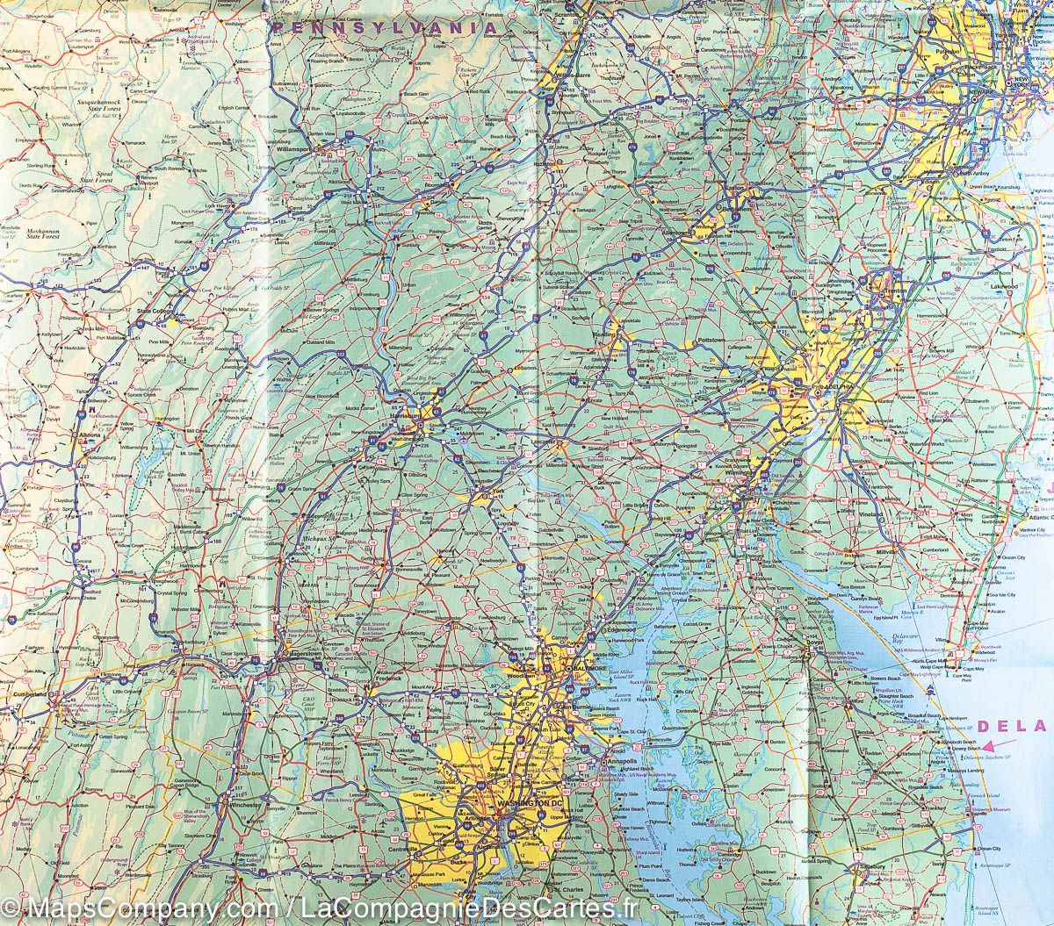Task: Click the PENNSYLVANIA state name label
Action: [384, 28]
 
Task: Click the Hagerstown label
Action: [300, 656]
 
